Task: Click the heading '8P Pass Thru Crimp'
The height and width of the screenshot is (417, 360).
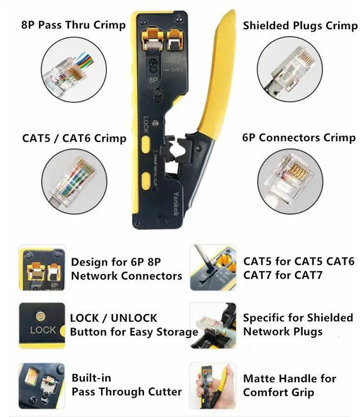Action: coord(73,25)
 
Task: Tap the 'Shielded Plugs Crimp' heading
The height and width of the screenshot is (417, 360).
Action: coord(300,26)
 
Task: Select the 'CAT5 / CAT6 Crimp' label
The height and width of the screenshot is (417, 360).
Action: coord(74,138)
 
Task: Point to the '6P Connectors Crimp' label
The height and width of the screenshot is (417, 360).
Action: coord(299,138)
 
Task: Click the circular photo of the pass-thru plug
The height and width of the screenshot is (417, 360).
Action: coord(74,70)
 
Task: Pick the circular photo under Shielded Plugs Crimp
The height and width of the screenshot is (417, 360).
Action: coord(290,69)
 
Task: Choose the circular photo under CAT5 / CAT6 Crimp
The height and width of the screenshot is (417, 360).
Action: coord(74,181)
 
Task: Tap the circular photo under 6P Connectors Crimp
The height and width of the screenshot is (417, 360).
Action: coord(290,181)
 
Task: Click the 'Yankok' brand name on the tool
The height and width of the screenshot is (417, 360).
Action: coord(176,204)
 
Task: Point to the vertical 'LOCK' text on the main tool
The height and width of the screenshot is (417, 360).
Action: coord(146,125)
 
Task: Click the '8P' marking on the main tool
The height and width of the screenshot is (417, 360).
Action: coord(154,80)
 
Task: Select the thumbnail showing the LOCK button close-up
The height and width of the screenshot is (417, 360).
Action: coord(42,325)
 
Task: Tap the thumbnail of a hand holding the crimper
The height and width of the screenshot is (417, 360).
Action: coord(213,386)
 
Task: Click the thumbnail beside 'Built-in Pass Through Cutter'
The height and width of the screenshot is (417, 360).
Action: coord(42,386)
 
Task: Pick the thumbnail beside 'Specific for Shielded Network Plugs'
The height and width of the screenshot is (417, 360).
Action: coord(213,325)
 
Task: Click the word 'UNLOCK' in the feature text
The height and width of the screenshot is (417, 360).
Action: coord(134,319)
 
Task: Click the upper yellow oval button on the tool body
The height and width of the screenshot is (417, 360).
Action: coord(146,145)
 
